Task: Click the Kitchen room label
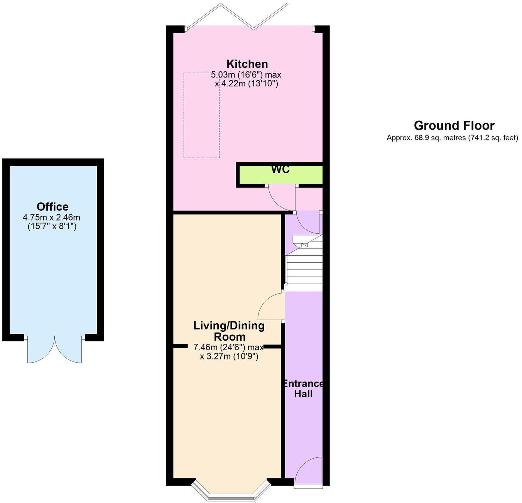tap(247, 64)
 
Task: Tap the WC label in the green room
tap(280, 170)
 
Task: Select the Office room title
tap(52, 207)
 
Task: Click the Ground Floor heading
tap(454, 126)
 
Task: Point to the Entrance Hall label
tap(303, 389)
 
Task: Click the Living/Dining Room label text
tap(229, 331)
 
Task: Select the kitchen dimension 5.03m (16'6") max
tap(246, 74)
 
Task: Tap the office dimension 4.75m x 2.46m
tap(52, 218)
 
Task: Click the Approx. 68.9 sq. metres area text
tap(452, 138)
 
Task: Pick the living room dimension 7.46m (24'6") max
tap(228, 347)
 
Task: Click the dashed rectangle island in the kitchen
tap(201, 115)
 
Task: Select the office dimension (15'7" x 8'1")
tap(52, 226)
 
